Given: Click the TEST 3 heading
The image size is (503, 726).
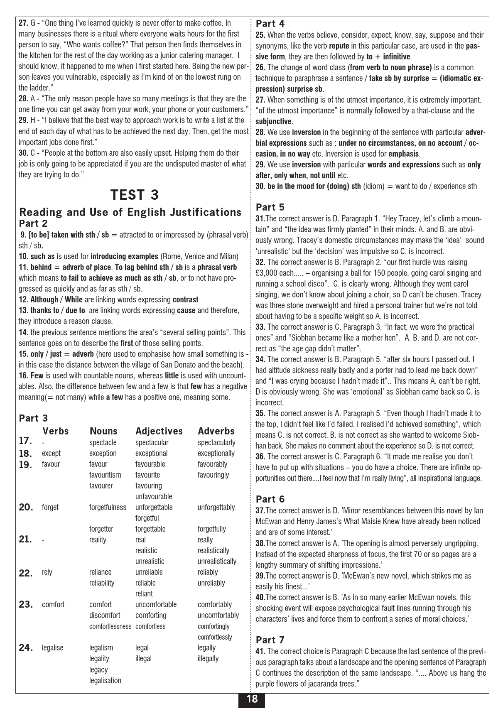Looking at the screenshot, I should click(135, 195).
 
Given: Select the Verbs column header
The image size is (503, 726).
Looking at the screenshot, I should click(56, 431).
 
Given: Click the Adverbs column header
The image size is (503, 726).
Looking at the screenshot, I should click(216, 431).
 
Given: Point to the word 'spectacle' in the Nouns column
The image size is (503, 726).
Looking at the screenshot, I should click(103, 443).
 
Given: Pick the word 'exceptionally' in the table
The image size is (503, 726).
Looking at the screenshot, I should click(216, 454).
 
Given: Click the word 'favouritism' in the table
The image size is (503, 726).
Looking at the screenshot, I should click(105, 475).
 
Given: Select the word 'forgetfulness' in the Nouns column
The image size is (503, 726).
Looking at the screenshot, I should click(108, 508).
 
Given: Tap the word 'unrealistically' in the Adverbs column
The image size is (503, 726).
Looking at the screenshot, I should click(217, 562).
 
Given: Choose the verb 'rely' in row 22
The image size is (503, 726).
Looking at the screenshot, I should click(47, 572).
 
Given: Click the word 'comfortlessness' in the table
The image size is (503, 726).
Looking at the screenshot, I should click(110, 626).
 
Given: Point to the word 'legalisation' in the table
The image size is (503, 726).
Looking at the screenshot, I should click(105, 680).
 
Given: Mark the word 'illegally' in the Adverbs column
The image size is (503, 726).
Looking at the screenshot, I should click(208, 659).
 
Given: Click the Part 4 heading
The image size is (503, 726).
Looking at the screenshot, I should click(270, 24).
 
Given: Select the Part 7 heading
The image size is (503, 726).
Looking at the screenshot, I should click(270, 640).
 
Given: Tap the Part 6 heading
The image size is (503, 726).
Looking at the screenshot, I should click(270, 499).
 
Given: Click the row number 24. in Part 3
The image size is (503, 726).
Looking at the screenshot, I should click(26, 648).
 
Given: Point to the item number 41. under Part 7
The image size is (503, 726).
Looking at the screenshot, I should click(261, 652).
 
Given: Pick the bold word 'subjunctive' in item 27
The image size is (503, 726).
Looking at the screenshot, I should click(273, 122).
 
